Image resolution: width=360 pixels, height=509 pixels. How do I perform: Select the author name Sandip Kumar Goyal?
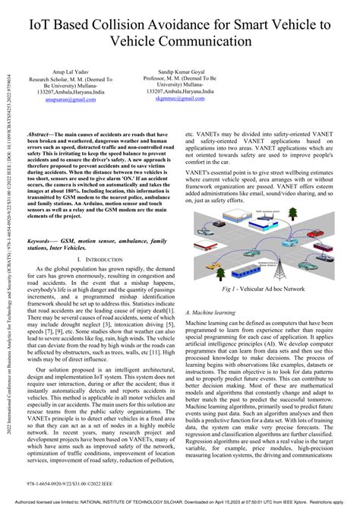(x=177, y=71)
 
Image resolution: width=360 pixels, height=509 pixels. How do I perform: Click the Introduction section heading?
(x=103, y=259)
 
